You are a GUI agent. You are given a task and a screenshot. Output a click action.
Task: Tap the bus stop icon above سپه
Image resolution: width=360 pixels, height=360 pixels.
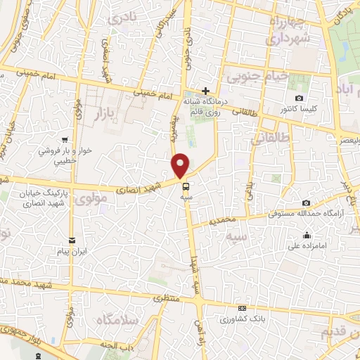[186, 186]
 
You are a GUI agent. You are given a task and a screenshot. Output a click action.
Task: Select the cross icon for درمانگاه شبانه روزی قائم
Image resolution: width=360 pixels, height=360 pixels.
[205, 91]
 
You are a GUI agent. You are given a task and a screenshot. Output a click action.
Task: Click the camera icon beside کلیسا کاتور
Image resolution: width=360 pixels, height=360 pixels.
[300, 98]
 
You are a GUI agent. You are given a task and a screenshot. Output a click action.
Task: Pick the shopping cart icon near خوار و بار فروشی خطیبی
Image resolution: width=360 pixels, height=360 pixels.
[65, 139]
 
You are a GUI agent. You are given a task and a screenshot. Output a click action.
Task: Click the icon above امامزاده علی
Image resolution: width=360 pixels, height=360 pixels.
[307, 235]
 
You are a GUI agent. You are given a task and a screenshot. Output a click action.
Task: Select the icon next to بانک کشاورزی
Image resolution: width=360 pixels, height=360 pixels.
[243, 308]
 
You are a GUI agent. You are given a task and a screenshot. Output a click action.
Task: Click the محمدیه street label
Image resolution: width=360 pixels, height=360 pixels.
[230, 220]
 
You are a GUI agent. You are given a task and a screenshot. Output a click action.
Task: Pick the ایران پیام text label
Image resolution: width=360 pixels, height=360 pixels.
[72, 252]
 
